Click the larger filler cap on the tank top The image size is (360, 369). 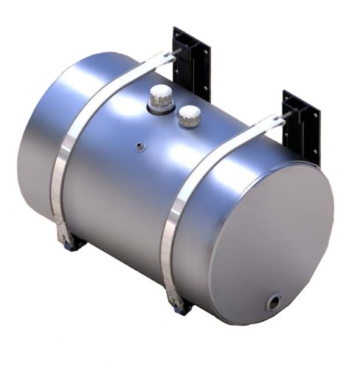click(x=161, y=96)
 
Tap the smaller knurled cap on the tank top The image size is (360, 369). click(x=190, y=114)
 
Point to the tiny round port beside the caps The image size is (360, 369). click(x=138, y=146)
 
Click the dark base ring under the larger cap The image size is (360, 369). click(x=160, y=109)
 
